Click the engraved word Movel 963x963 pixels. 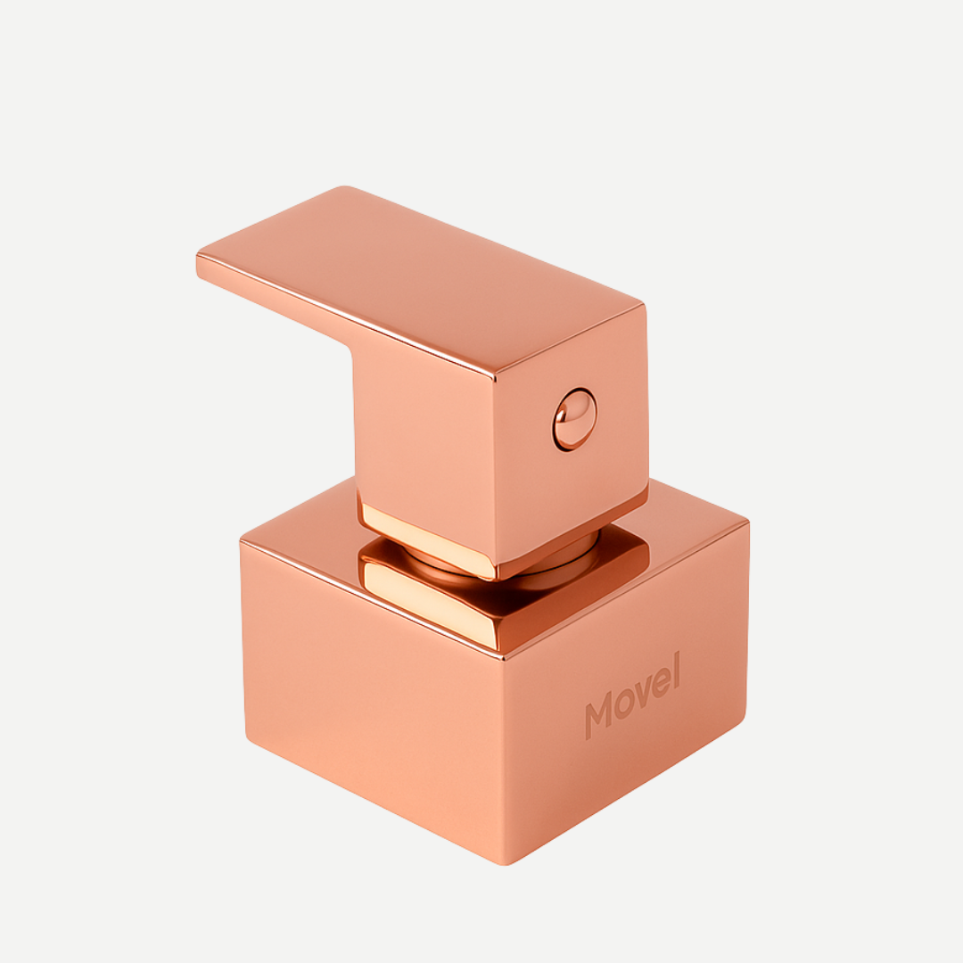click(x=632, y=695)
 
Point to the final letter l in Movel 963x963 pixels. click(x=676, y=670)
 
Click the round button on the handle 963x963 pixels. click(x=574, y=419)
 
